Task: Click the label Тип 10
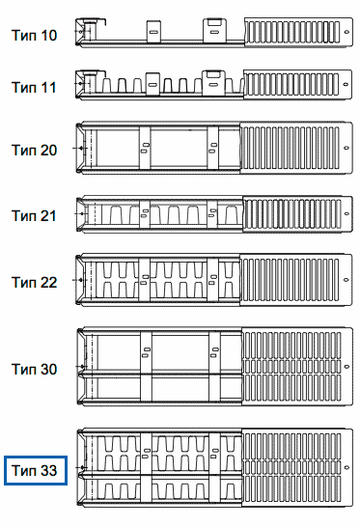(34, 36)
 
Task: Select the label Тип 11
(34, 88)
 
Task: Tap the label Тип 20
(34, 151)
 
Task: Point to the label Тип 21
(34, 216)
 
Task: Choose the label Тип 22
(34, 282)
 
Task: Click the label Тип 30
(34, 369)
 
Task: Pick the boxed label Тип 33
(36, 471)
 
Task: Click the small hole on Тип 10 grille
(346, 32)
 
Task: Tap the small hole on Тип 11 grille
(346, 84)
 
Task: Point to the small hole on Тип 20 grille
(346, 148)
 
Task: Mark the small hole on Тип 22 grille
(346, 280)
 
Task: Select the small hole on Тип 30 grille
(347, 367)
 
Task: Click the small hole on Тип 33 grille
(347, 467)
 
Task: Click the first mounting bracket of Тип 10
(153, 32)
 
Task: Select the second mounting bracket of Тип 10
(214, 31)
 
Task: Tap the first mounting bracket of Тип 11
(152, 84)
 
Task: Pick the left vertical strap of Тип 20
(145, 148)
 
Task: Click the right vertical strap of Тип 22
(212, 280)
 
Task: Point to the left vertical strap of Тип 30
(146, 366)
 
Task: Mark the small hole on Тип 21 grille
(347, 213)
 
